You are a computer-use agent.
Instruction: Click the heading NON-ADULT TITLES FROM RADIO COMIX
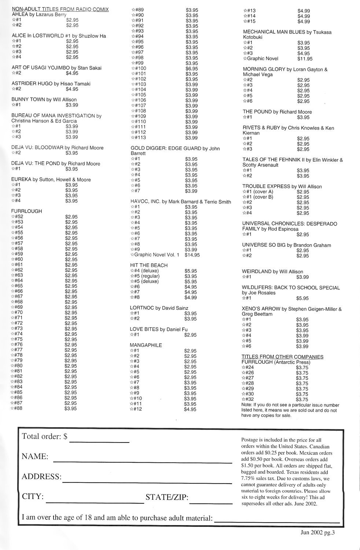60,9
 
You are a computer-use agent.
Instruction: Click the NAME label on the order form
35,457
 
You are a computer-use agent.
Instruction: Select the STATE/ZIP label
167,498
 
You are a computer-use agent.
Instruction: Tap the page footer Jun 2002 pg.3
317,533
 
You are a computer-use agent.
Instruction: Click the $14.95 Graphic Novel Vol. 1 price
192,255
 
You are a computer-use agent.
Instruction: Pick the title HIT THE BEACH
148,265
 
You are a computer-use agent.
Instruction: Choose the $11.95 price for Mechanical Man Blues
305,59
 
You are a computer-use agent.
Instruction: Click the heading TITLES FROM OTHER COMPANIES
282,357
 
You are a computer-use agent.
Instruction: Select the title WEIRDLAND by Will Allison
272,272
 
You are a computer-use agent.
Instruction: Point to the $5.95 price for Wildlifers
302,298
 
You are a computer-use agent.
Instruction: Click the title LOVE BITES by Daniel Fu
158,329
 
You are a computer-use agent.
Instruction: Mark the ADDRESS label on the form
41,477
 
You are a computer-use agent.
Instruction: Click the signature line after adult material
277,521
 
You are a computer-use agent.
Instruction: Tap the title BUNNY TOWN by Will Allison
44,99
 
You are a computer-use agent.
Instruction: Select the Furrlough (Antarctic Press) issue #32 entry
248,399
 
